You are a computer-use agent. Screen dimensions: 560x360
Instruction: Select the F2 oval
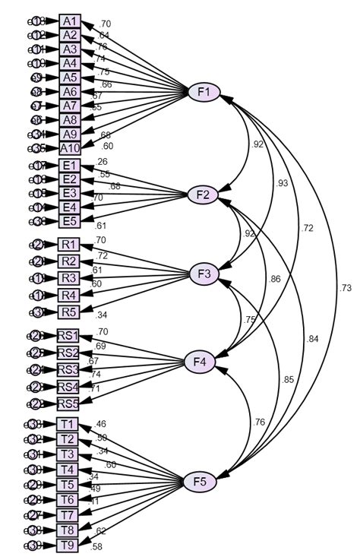tap(203, 195)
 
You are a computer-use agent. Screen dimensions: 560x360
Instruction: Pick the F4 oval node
tap(201, 362)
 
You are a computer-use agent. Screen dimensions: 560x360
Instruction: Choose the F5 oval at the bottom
tap(201, 481)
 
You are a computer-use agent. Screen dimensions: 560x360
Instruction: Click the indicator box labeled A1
tap(70, 21)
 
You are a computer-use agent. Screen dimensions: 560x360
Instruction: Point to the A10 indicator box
tap(70, 148)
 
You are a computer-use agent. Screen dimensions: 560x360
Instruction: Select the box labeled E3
tap(70, 193)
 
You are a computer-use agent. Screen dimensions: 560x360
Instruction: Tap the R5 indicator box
tap(70, 312)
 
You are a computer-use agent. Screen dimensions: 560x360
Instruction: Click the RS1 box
tap(68, 335)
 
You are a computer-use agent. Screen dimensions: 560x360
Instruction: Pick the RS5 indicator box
tap(68, 403)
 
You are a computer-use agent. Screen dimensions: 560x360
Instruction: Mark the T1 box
tap(67, 423)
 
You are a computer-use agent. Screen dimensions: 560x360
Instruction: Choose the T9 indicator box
tap(67, 546)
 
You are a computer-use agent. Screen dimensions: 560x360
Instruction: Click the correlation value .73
tap(346, 288)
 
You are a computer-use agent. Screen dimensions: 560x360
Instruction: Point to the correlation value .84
tap(312, 339)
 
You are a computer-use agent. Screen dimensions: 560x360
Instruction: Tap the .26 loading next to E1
tap(103, 161)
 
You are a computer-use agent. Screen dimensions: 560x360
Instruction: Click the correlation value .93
tap(283, 183)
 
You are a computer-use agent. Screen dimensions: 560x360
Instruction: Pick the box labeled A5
tap(70, 77)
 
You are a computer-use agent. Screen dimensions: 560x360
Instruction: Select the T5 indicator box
tap(67, 484)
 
